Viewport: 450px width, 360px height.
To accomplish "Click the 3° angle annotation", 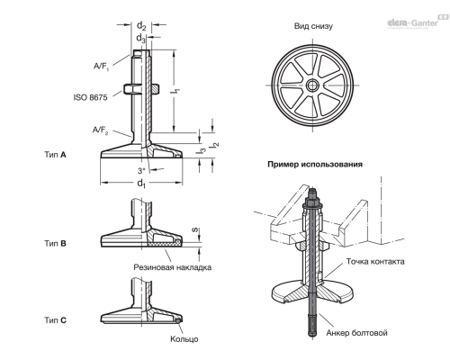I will (x=141, y=170).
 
